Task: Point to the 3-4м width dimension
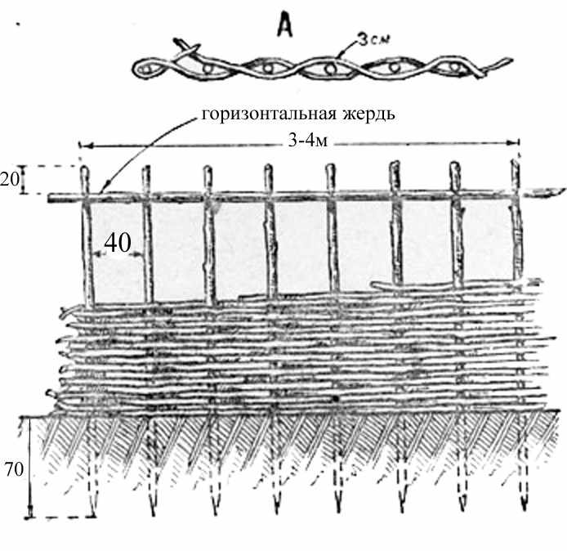click(x=308, y=141)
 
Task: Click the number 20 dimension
click(x=9, y=179)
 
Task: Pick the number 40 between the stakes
click(x=118, y=243)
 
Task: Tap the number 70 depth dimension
click(x=15, y=469)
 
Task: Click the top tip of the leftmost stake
click(x=84, y=167)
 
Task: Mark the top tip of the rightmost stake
click(x=516, y=160)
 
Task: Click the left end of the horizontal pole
click(x=49, y=199)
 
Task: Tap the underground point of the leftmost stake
click(x=92, y=515)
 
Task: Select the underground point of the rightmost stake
click(x=525, y=509)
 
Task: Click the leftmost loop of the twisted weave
click(x=146, y=68)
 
